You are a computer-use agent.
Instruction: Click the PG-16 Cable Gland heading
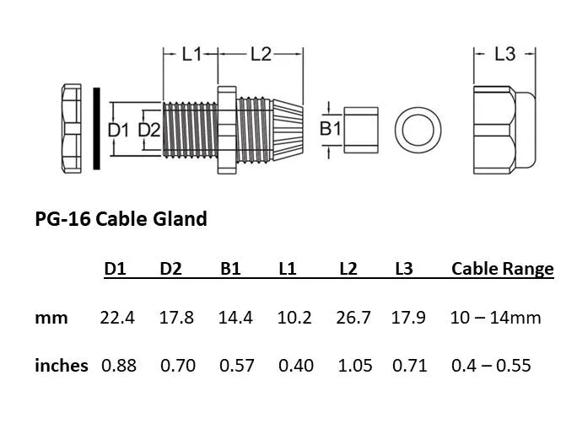[121, 219]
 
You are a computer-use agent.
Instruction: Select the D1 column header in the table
[115, 269]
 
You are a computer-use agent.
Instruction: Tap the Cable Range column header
[502, 269]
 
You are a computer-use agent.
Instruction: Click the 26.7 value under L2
[353, 318]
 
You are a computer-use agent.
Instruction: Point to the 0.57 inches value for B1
[236, 366]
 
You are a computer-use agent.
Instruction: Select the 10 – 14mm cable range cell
[495, 318]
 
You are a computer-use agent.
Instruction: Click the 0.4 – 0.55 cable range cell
[491, 366]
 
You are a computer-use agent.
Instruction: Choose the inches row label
[61, 366]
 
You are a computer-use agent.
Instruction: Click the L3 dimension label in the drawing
[504, 54]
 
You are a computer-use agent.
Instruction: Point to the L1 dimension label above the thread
[192, 54]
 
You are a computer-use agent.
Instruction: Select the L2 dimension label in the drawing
[261, 54]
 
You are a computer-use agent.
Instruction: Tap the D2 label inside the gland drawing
[149, 130]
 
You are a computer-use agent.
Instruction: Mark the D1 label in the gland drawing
[118, 130]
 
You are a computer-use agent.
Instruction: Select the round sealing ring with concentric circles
[418, 131]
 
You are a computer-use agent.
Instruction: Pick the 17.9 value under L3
[408, 318]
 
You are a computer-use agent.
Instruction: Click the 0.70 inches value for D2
[176, 366]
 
